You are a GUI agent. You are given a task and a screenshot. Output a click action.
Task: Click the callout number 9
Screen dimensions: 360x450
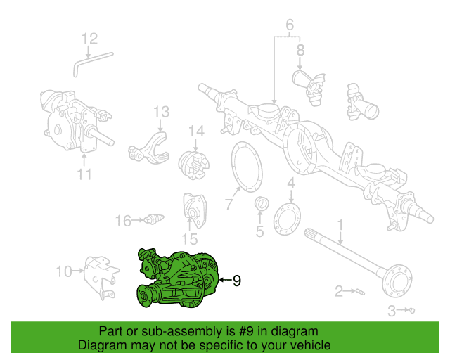coord(236,281)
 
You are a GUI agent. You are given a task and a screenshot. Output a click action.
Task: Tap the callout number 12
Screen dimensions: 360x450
coord(90,38)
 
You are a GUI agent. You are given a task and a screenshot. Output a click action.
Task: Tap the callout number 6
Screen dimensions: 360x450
coord(289,27)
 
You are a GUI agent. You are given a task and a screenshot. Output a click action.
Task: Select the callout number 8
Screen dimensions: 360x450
coord(300,50)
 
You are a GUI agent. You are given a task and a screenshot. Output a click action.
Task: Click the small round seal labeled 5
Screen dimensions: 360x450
coord(259,205)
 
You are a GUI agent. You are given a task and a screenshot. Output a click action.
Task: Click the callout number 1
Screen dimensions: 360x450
coord(341,225)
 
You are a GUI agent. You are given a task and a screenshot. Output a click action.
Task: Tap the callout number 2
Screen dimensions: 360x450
coord(339,291)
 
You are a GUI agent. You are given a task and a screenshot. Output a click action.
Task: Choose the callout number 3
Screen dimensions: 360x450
coord(392,310)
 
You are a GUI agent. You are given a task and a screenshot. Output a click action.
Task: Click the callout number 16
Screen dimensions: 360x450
coord(123,221)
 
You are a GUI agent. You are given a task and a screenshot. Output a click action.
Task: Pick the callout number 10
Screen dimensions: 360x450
coord(63,271)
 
